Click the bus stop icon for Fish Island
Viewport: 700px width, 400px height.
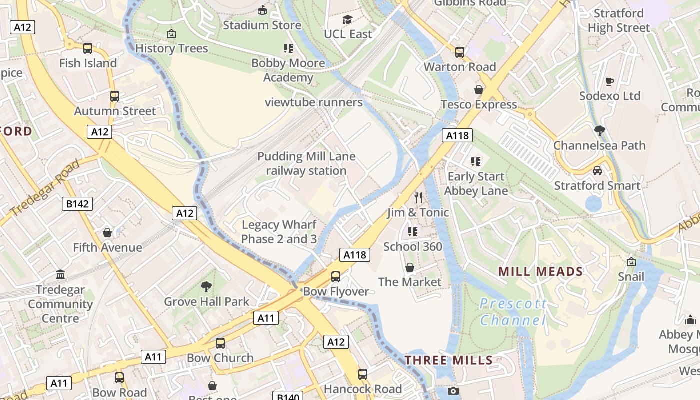click(88, 48)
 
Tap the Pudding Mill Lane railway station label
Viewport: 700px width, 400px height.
click(306, 164)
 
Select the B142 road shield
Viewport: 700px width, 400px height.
click(77, 204)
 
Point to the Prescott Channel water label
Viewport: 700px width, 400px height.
click(513, 312)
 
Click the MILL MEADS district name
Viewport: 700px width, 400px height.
click(541, 272)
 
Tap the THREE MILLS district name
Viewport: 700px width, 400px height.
click(448, 360)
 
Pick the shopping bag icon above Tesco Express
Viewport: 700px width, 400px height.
click(479, 90)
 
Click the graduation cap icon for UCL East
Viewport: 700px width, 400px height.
click(347, 19)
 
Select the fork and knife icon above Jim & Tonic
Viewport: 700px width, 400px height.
click(418, 198)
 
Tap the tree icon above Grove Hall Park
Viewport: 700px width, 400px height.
click(206, 287)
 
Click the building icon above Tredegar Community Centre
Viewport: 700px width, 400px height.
click(60, 275)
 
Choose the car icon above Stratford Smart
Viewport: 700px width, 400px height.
click(597, 171)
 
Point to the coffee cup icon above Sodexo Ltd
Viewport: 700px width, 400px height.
click(609, 81)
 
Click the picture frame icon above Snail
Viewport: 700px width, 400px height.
click(631, 262)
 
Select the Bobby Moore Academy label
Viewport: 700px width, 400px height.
click(288, 70)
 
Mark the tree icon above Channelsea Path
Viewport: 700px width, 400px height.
click(599, 131)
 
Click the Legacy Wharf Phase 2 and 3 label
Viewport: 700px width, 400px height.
click(279, 232)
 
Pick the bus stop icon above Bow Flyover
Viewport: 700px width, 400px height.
click(336, 276)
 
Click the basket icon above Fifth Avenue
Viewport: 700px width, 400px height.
click(107, 233)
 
